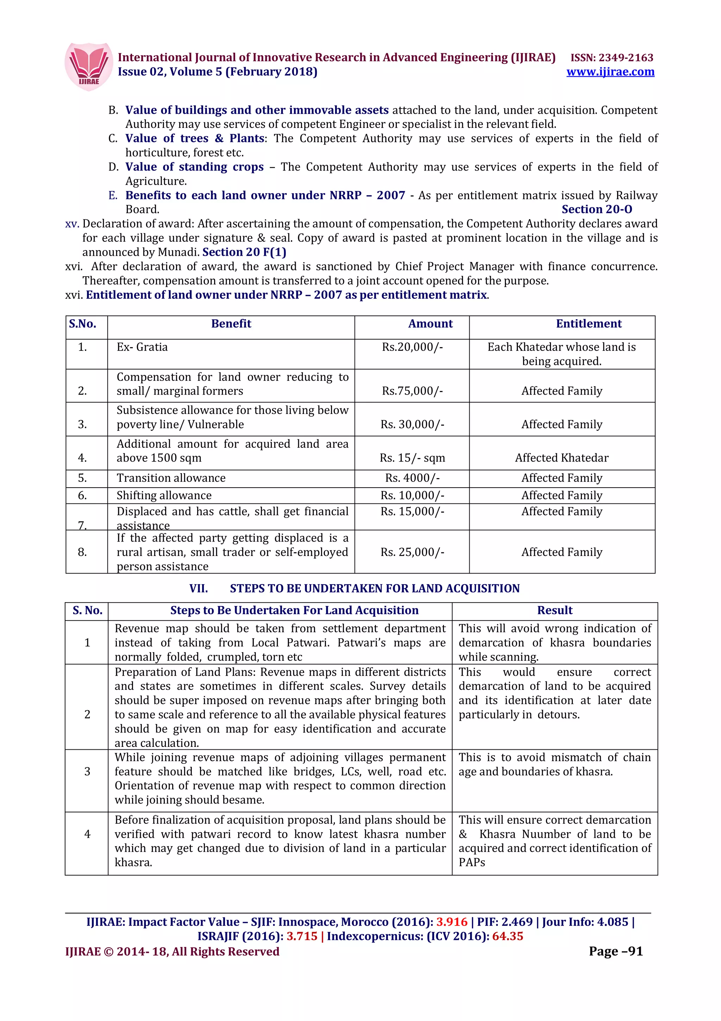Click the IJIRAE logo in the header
[x=88, y=66]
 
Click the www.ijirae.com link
[x=610, y=72]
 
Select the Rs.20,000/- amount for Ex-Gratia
[x=412, y=347]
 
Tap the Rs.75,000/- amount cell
[x=412, y=391]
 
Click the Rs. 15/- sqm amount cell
[x=412, y=458]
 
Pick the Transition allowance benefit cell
[x=171, y=478]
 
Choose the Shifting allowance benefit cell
[x=164, y=495]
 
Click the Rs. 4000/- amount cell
[x=412, y=478]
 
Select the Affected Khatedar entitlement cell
[x=562, y=458]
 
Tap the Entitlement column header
[x=588, y=324]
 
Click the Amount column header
[x=430, y=324]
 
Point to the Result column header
[x=554, y=610]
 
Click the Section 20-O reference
[x=597, y=209]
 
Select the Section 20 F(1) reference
[x=244, y=252]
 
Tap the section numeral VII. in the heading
[x=198, y=588]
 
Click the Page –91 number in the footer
[x=615, y=951]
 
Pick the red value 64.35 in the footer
[x=507, y=936]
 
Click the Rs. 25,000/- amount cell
[x=412, y=552]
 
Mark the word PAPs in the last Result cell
[x=471, y=862]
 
